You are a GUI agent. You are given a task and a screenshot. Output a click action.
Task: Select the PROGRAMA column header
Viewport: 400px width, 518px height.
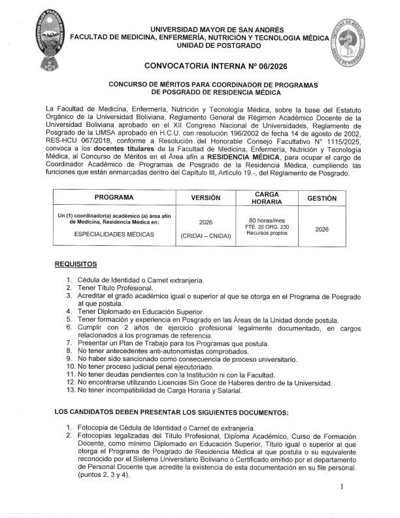click(x=114, y=197)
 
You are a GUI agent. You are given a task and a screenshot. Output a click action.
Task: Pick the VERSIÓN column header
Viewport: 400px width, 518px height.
click(x=206, y=198)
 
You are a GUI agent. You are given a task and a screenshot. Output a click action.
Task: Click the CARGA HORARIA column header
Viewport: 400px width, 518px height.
click(x=263, y=197)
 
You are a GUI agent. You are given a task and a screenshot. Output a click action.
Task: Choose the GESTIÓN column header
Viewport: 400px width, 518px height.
click(x=322, y=198)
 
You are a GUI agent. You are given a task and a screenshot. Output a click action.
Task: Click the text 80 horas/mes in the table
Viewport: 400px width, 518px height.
click(x=264, y=220)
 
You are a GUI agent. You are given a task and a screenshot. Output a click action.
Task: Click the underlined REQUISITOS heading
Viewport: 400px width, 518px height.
click(x=76, y=264)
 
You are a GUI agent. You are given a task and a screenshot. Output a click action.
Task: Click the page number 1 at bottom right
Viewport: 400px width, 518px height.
click(x=342, y=487)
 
